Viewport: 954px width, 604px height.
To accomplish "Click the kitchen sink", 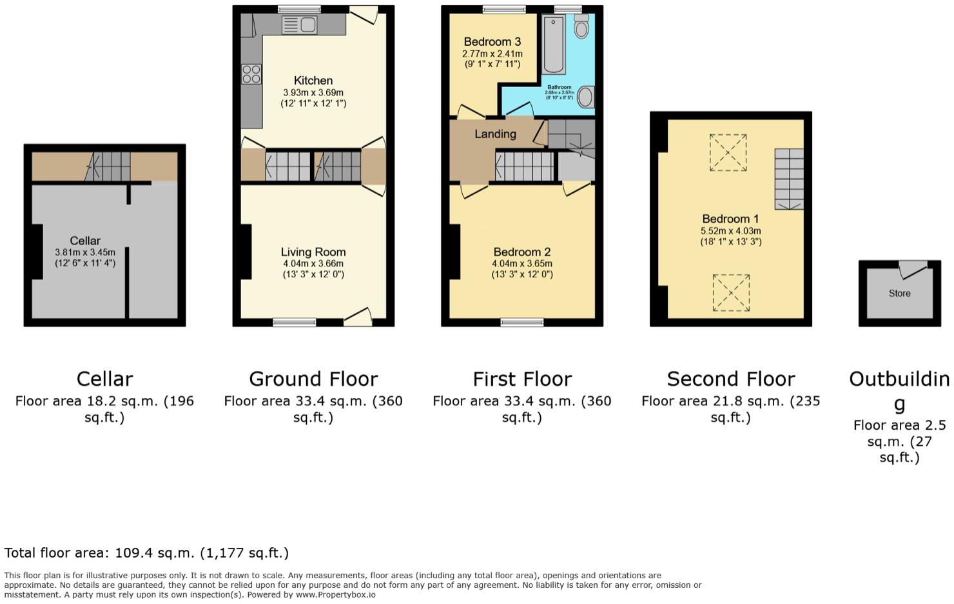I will pyautogui.click(x=300, y=25).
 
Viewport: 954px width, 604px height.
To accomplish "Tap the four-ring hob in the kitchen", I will pyautogui.click(x=251, y=74).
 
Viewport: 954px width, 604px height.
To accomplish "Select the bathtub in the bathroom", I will pyautogui.click(x=554, y=45).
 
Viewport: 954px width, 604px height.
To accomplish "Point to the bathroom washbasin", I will pyautogui.click(x=585, y=97).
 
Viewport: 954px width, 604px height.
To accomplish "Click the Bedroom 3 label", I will pyautogui.click(x=492, y=42).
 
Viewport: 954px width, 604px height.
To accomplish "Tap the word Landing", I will pyautogui.click(x=495, y=134).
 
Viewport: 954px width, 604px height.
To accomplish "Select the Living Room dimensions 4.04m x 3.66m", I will pyautogui.click(x=313, y=263).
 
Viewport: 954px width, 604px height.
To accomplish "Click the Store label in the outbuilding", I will pyautogui.click(x=899, y=293).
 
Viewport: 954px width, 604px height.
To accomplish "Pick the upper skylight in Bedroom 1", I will pyautogui.click(x=728, y=152).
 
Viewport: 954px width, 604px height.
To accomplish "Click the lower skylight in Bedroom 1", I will pyautogui.click(x=731, y=292).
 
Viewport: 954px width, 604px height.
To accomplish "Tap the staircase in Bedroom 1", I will pyautogui.click(x=789, y=179).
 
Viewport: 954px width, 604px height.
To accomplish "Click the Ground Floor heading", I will pyautogui.click(x=313, y=379).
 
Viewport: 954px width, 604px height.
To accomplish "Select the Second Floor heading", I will pyautogui.click(x=730, y=379).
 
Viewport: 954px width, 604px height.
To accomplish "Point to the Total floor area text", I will pyautogui.click(x=146, y=553).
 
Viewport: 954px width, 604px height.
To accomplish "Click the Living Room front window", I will pyautogui.click(x=295, y=322).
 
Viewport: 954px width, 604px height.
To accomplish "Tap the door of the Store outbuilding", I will pyautogui.click(x=913, y=268).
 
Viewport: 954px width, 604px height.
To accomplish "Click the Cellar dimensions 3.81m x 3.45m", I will pyautogui.click(x=85, y=252).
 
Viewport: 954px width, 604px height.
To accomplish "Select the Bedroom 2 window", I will pyautogui.click(x=522, y=322).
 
